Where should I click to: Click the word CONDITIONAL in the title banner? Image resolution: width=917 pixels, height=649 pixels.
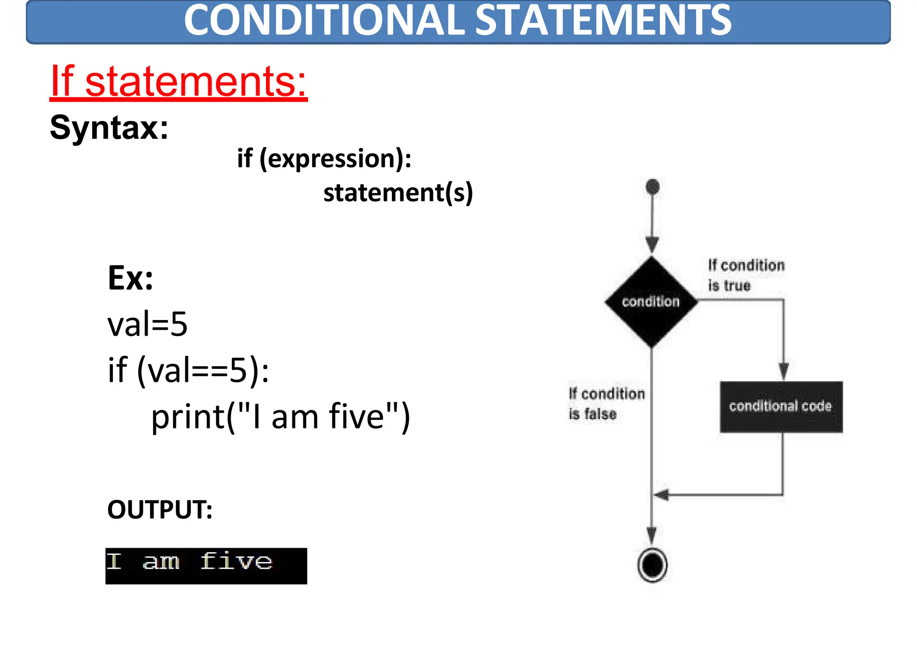[324, 21]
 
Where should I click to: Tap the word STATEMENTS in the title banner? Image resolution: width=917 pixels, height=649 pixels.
[603, 21]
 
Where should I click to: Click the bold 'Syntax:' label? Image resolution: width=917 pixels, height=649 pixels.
[109, 128]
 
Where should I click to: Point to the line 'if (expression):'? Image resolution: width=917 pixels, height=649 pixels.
[324, 159]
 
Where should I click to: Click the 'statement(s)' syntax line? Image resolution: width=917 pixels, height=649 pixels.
[398, 193]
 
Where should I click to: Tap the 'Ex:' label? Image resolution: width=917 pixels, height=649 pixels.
[130, 278]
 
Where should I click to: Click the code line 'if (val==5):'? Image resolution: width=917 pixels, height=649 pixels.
[189, 370]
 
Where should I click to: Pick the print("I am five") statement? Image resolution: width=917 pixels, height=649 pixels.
[280, 417]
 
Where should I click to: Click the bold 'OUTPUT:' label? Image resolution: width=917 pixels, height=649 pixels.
[160, 510]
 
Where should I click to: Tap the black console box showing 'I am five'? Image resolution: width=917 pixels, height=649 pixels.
[206, 566]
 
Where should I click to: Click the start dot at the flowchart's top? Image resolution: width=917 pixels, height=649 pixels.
[652, 186]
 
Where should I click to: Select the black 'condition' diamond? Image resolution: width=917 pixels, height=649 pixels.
[651, 302]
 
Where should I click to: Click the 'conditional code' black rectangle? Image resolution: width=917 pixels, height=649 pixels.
[781, 407]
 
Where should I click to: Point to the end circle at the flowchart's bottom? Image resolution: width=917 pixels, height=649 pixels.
[652, 565]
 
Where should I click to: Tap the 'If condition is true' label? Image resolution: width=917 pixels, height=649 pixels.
[746, 275]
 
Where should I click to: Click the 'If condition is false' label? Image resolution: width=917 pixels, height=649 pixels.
[606, 404]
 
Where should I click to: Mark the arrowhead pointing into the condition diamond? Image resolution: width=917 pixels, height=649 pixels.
[652, 245]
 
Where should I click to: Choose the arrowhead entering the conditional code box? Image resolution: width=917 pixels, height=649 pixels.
[783, 371]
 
